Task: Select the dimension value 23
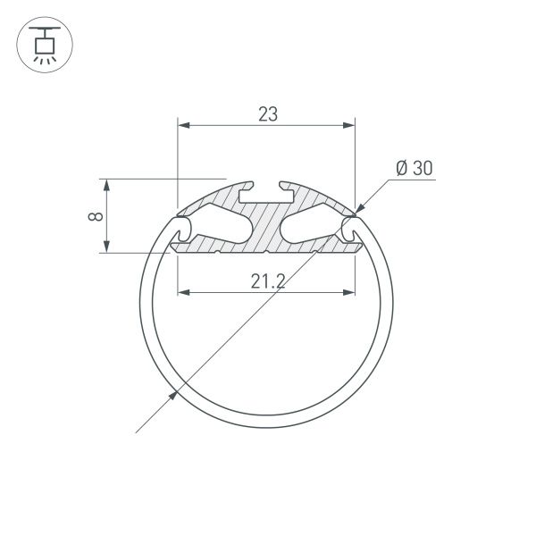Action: tap(267, 114)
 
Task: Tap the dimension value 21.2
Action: tap(267, 282)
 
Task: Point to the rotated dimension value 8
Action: tap(97, 216)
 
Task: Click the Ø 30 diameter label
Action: tap(414, 167)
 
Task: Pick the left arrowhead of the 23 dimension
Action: tap(184, 127)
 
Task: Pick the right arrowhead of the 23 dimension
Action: tap(349, 127)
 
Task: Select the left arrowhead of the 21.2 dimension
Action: tap(185, 291)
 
